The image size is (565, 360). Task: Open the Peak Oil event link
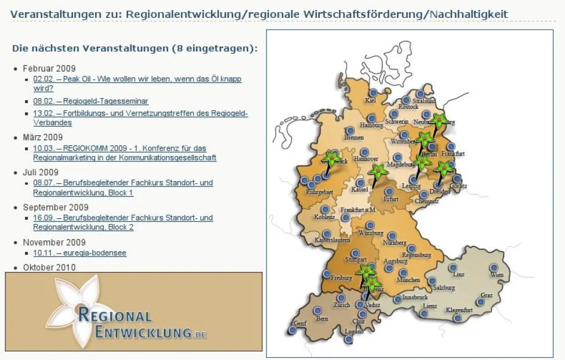tap(137, 79)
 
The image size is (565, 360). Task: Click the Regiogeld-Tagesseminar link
tap(91, 101)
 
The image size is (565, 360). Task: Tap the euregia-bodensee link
tap(80, 253)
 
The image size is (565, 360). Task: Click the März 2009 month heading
tap(43, 138)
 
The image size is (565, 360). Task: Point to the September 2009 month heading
tap(56, 207)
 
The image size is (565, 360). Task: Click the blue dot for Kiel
tap(373, 93)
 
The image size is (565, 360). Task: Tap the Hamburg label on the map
tap(372, 126)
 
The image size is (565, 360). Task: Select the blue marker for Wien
tap(494, 268)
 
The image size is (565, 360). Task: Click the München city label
tap(408, 280)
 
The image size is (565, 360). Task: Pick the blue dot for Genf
tap(292, 330)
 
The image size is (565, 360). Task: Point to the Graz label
tap(486, 295)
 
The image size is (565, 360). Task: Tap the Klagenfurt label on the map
tap(459, 310)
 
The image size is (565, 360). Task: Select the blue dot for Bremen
tap(350, 131)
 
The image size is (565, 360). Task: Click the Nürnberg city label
tap(395, 243)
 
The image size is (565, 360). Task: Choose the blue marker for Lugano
tap(348, 338)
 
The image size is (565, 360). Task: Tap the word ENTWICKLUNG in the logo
tap(144, 332)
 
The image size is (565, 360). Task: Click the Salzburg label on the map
tap(444, 288)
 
